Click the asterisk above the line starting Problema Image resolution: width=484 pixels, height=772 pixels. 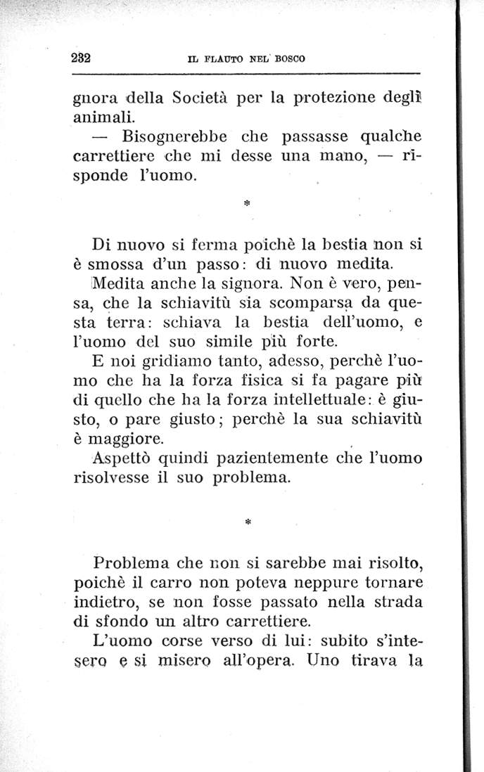(x=247, y=523)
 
